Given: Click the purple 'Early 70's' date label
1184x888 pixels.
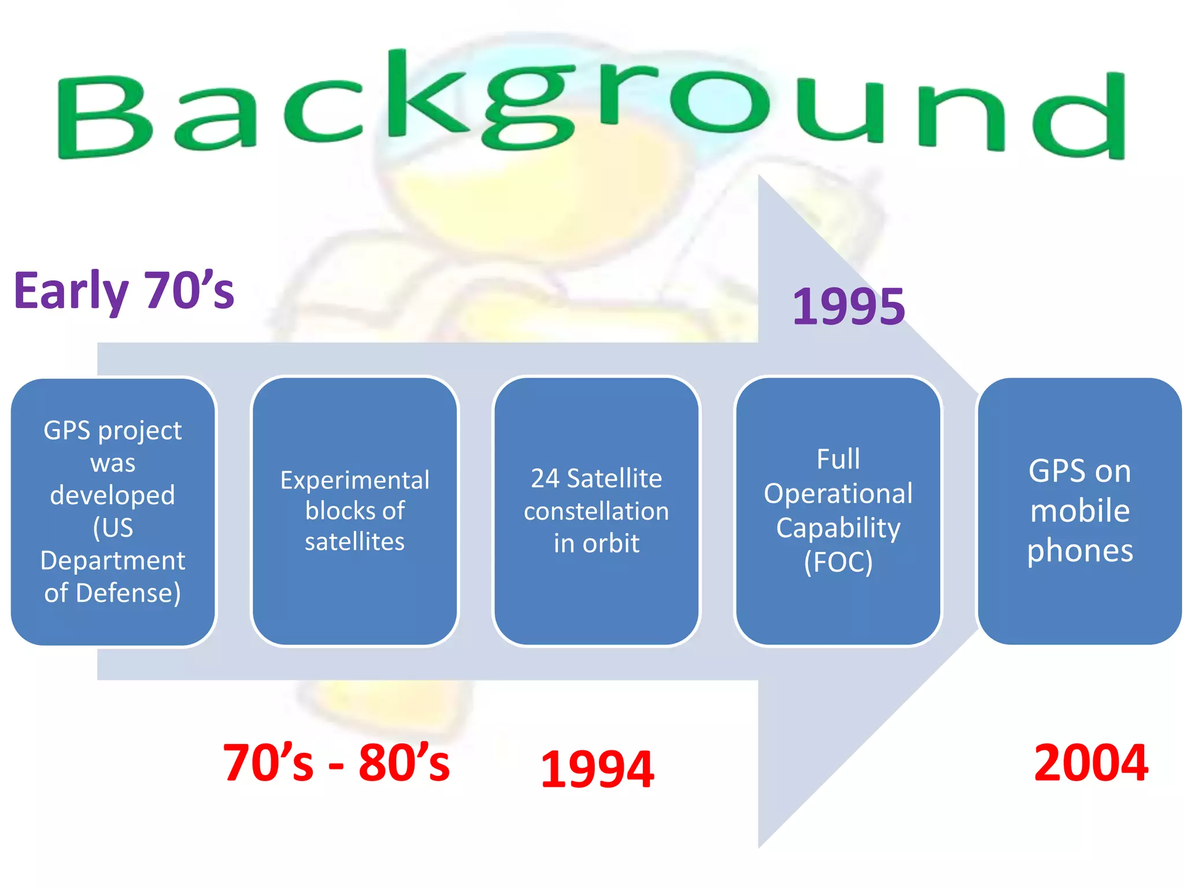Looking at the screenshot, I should pos(124,291).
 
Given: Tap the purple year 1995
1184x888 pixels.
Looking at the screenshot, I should pos(848,306).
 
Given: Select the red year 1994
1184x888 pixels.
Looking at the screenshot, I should pos(597,769).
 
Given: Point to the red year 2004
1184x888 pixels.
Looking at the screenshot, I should pos(1090,763).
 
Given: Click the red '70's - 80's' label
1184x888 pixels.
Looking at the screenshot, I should pos(336,763).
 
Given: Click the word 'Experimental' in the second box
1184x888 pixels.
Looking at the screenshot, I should pos(354,480).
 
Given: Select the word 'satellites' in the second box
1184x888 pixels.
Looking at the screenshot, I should pos(354,542).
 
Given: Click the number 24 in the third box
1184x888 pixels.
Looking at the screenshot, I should pos(545,479).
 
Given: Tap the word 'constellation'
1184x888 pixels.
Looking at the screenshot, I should pos(596,511).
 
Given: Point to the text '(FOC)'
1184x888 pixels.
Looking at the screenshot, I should pos(838,562).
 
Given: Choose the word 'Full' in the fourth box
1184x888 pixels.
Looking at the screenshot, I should pos(838,460).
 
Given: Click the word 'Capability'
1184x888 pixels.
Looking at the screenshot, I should pos(838,528).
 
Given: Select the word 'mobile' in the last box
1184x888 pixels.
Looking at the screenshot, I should pos(1079,511).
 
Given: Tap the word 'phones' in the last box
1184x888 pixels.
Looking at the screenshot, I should pos(1079,551).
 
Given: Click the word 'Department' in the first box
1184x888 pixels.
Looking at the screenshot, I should pos(113,561).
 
